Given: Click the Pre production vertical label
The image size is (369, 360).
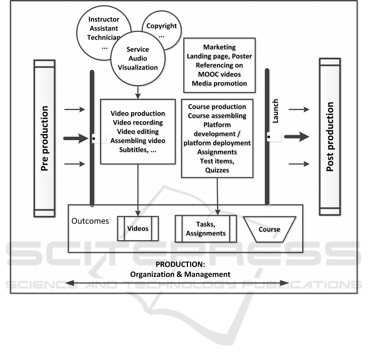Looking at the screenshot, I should tap(45, 138).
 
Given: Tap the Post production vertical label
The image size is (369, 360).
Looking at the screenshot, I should tap(329, 137).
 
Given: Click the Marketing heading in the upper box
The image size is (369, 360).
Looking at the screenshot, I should tap(220, 47).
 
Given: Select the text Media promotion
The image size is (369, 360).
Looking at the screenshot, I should tap(220, 83).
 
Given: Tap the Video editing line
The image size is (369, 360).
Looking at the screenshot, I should tap(138, 131).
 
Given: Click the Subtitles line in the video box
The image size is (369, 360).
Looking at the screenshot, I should tap(138, 149).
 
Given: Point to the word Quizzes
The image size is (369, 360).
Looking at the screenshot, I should tap(217, 170).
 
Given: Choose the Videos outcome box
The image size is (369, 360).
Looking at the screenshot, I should tap(138, 228).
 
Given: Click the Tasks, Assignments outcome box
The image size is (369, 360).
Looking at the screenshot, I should tap(206, 229).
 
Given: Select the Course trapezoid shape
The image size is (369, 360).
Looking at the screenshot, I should tap(269, 229).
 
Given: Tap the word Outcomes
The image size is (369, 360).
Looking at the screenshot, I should tap(90, 221).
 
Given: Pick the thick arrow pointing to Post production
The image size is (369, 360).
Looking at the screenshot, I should tap(297, 137).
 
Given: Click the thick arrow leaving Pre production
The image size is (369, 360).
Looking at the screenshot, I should tap(75, 138).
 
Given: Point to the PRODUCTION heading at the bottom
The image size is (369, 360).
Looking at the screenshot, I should tap(180, 265).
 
